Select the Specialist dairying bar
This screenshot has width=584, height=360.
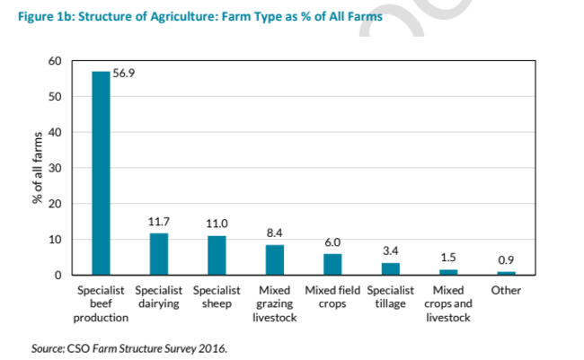point(158,254)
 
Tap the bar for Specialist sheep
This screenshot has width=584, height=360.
point(217,255)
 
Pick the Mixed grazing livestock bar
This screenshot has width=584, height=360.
point(275,259)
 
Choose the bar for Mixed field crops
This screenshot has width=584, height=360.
point(332,264)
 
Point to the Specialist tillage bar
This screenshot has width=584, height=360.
point(390,268)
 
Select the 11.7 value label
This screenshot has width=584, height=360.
point(158,221)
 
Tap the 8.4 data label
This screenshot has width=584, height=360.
point(275,233)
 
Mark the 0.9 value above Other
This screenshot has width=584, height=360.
point(506,260)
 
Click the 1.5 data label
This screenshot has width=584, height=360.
point(447,258)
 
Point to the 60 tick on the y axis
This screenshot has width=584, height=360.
point(54,61)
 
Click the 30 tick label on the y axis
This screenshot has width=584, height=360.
point(54,168)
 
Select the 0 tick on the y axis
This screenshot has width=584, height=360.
point(58,275)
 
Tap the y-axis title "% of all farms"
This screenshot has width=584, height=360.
point(39,168)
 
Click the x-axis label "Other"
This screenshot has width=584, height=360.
point(506,291)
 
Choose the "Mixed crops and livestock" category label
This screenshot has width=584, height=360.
point(447,304)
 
